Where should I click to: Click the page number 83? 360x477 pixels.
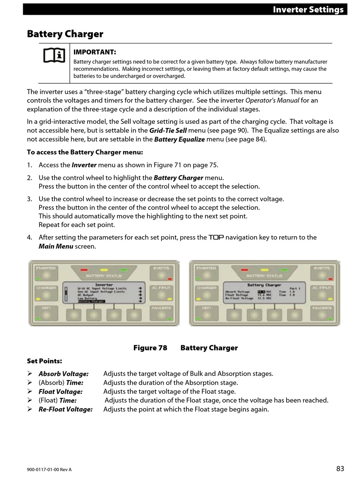pos(340,469)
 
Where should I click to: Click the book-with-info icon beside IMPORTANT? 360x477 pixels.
pos(54,56)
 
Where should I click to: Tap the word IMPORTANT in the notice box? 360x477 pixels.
pos(95,52)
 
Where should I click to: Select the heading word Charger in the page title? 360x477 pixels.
pos(84,34)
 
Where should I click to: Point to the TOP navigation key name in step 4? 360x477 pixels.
pos(216,237)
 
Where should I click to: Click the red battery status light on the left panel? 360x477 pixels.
pos(84,270)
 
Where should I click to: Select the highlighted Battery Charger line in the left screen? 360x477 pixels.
pos(91,301)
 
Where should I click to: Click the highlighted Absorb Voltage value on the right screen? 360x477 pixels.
pos(261,292)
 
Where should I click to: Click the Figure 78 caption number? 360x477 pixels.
pos(150,348)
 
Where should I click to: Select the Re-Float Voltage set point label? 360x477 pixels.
pos(65,409)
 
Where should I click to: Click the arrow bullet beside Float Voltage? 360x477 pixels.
pos(30,391)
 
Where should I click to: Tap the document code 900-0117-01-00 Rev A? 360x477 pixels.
pos(49,470)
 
